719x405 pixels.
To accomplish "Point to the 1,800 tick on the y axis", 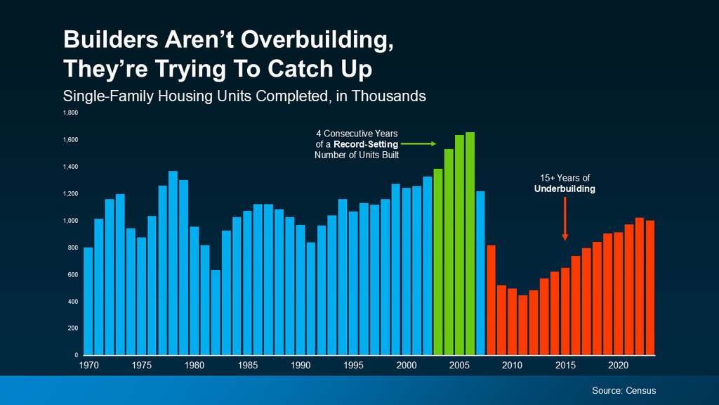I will tap(71, 112).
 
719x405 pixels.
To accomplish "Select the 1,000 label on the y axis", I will tap(71, 221).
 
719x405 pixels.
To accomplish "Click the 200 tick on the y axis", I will tap(73, 328).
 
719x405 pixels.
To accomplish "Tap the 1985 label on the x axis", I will tap(247, 366).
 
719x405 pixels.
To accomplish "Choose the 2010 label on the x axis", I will tap(512, 366).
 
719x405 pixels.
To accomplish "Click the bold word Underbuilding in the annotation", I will tap(565, 189).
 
